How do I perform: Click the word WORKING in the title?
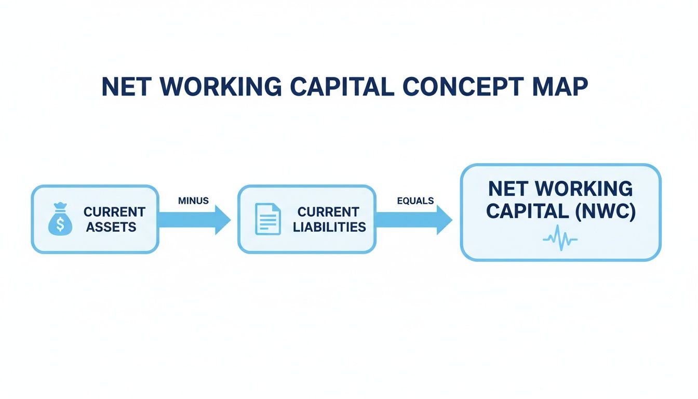point(221,87)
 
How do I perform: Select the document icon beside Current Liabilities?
point(267,219)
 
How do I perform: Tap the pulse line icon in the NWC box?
point(560,238)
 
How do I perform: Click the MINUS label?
point(193,201)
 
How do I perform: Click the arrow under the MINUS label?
point(194,219)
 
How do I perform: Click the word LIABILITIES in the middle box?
point(329,227)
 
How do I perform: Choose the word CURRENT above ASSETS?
point(114,212)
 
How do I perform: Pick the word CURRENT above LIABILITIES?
point(328,212)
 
